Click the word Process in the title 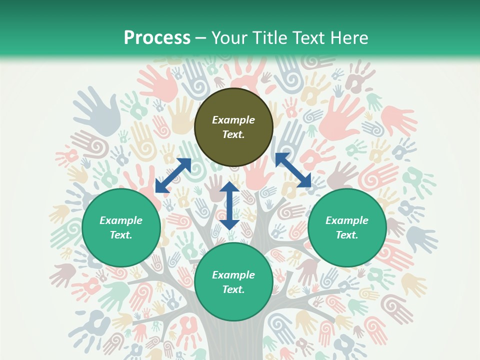(x=157, y=38)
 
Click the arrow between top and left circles (x=173, y=175)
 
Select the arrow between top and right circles (x=293, y=170)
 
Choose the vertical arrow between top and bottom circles (x=229, y=205)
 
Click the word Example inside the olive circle (x=233, y=120)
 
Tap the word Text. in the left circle (x=121, y=235)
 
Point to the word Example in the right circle (x=347, y=220)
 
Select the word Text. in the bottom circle (x=233, y=289)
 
